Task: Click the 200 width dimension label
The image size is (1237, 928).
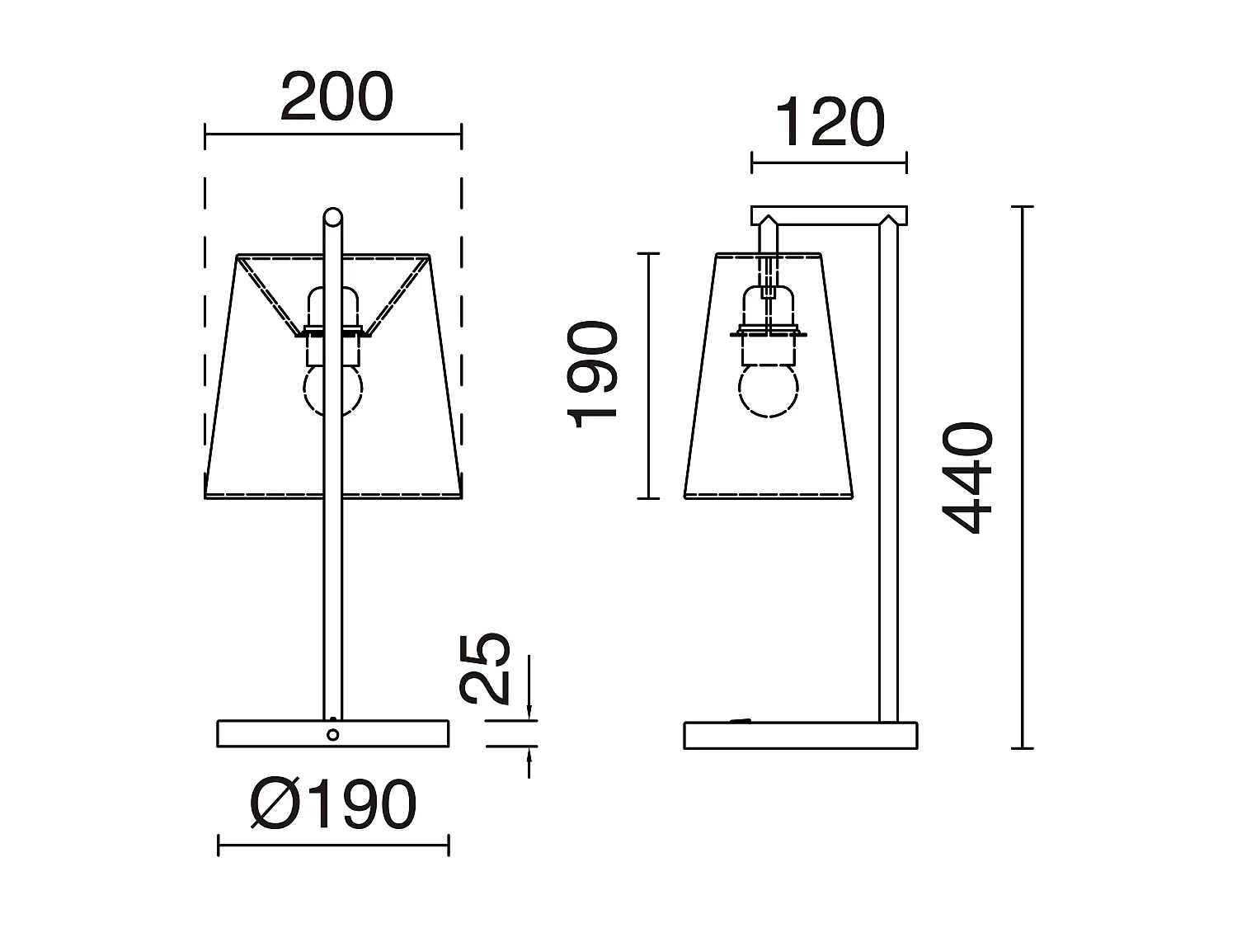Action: click(336, 97)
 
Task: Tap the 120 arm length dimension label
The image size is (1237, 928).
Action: click(830, 124)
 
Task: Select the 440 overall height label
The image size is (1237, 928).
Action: click(969, 478)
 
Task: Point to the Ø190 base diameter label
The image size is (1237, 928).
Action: click(333, 804)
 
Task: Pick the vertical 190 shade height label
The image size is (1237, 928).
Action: click(594, 375)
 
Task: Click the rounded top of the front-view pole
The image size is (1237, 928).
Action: click(332, 217)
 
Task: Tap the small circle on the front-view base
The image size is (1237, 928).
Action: click(332, 735)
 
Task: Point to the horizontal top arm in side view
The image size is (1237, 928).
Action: click(829, 216)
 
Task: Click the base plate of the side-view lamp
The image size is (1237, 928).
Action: click(800, 736)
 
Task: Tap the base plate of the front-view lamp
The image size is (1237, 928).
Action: click(272, 734)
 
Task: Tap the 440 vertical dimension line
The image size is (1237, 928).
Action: click(1023, 478)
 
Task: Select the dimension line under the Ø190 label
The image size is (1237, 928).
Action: click(333, 846)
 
